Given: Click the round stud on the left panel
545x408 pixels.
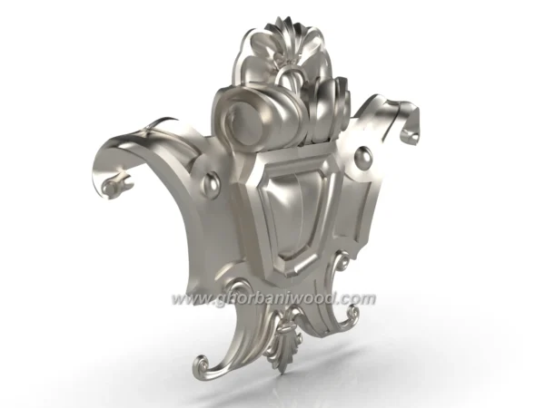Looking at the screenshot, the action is [x=211, y=185].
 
